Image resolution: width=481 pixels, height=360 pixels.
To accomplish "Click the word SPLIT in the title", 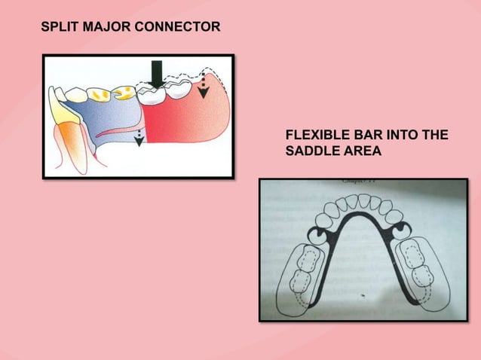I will coord(57,28).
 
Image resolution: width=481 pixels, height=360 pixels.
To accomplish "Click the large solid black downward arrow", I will coord(156,74).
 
